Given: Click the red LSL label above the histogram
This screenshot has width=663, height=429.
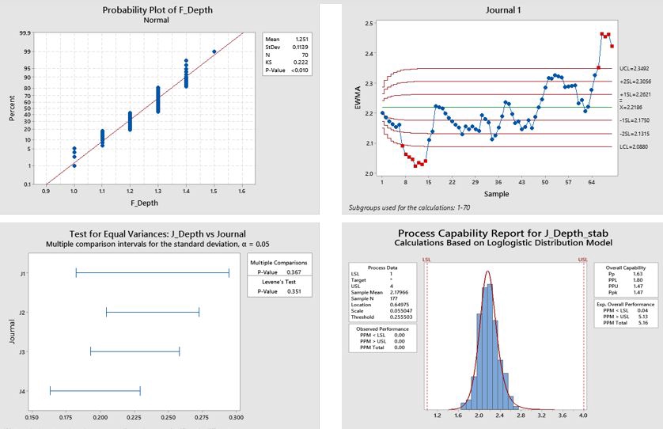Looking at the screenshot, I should [426, 258].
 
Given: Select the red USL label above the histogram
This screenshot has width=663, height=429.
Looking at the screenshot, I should [583, 258].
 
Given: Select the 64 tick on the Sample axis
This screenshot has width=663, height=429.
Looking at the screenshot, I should [591, 181].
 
